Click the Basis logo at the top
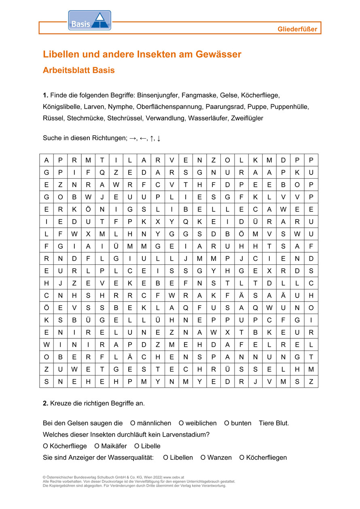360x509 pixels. [89, 21]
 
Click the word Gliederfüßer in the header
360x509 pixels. [297, 29]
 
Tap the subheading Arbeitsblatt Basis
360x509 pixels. [79, 70]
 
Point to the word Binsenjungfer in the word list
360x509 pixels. [157, 95]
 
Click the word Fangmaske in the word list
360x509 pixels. [199, 95]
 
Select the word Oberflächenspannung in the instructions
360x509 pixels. [169, 107]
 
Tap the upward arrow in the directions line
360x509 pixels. [152, 138]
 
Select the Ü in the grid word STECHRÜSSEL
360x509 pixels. [227, 369]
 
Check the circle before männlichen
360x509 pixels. [133, 423]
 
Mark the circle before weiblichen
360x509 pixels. [181, 423]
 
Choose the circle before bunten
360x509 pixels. [227, 423]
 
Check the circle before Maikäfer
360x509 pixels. [97, 446]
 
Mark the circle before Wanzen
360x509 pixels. [203, 458]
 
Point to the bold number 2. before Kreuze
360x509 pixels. [45, 403]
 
